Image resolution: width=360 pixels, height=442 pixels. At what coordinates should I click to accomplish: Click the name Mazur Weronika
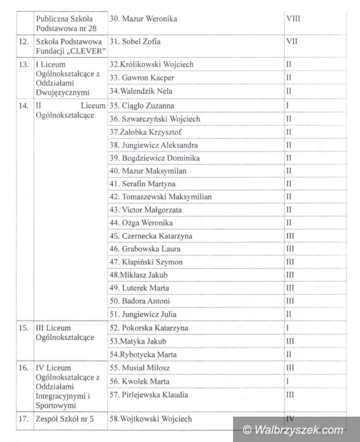[x=149, y=19]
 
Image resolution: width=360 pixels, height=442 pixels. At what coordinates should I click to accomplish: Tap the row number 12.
[x=24, y=42]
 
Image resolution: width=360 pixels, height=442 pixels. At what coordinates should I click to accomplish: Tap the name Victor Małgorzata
[x=152, y=210]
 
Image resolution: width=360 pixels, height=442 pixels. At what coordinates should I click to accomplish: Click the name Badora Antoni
[x=146, y=301]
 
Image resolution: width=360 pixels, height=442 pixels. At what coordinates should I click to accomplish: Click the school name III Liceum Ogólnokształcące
[x=65, y=333]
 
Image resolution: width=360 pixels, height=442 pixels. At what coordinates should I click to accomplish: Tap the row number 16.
[x=24, y=368]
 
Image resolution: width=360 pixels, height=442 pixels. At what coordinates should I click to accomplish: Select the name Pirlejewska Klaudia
[x=155, y=395]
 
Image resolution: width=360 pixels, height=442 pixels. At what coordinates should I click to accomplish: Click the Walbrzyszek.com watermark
[x=293, y=430]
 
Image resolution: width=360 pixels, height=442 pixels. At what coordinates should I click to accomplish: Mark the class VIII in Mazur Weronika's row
[x=293, y=19]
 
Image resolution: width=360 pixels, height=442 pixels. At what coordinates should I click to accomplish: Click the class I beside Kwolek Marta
[x=288, y=381]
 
